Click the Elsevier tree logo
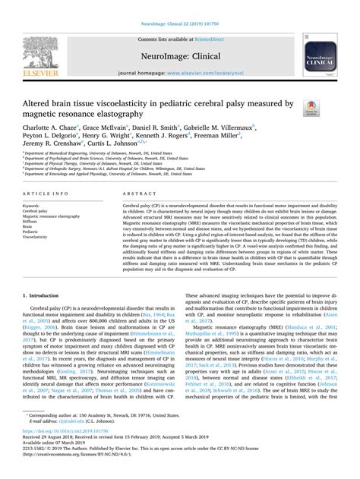pyautogui.click(x=40, y=46)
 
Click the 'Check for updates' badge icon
pyautogui.click(x=312, y=108)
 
